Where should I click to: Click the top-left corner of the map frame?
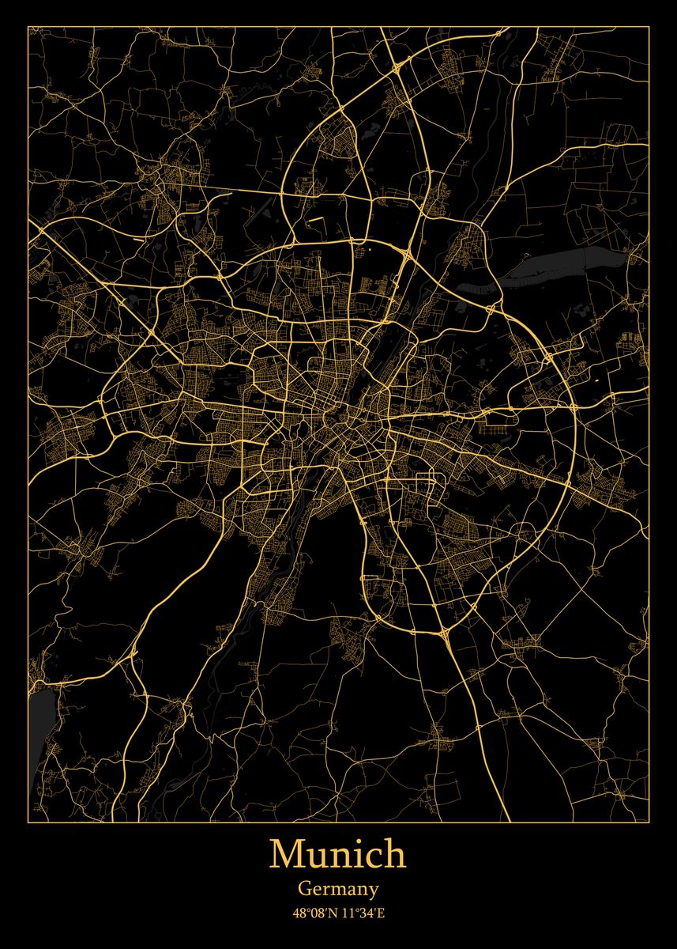click(28, 27)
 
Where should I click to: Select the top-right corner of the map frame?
click(649, 27)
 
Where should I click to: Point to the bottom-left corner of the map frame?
click(28, 822)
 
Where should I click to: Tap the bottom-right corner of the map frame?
click(649, 822)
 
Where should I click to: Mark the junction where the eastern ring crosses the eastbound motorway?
click(574, 409)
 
